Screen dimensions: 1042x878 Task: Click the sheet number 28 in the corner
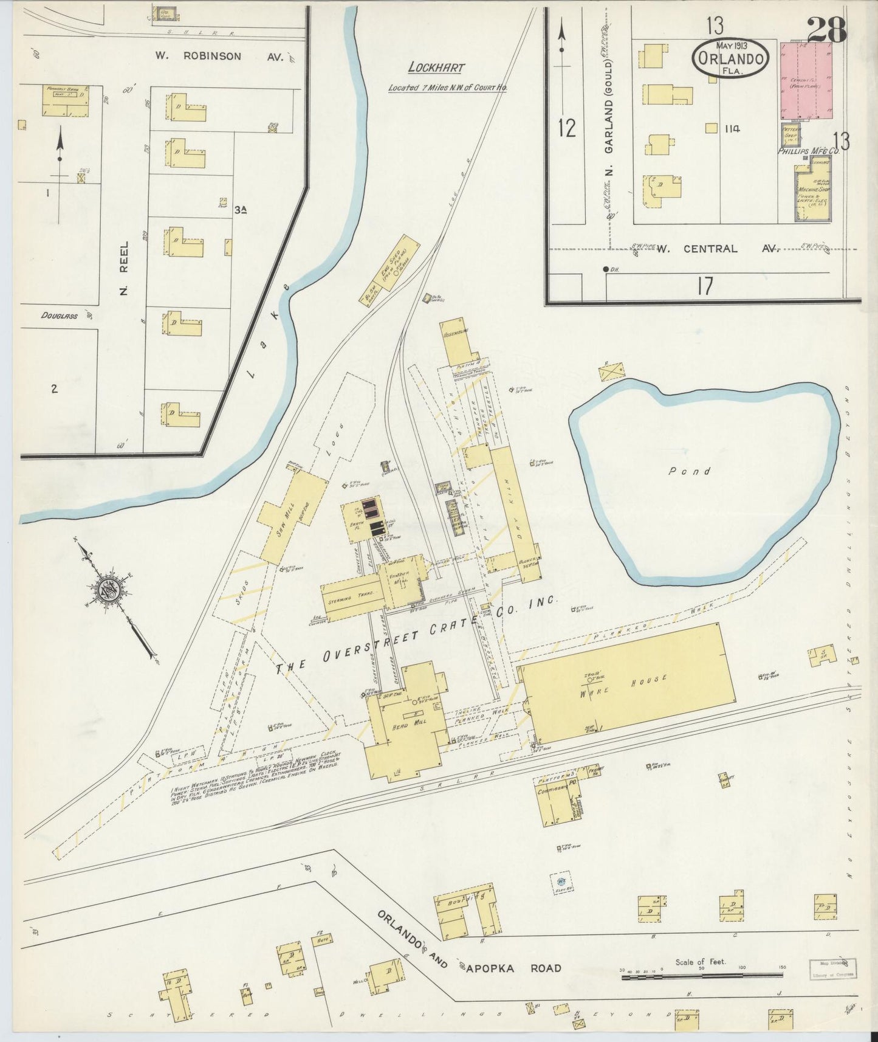tap(827, 29)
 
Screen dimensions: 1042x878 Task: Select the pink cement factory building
tap(806, 80)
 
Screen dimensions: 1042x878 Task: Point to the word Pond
tap(689, 471)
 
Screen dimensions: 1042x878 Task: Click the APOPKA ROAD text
tap(514, 968)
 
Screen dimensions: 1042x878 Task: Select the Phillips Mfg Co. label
tap(808, 151)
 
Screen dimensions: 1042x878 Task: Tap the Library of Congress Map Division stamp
tap(832, 968)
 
